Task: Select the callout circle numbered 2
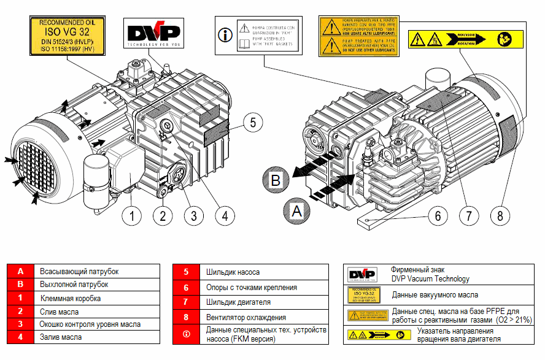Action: pyautogui.click(x=163, y=215)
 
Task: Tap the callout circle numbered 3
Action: pyautogui.click(x=193, y=215)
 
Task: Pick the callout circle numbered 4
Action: pyautogui.click(x=225, y=215)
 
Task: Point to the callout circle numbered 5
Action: pyautogui.click(x=252, y=122)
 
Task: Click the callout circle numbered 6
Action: pyautogui.click(x=438, y=216)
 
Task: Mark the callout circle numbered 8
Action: pyautogui.click(x=500, y=216)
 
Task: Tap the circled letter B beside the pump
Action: pyautogui.click(x=276, y=180)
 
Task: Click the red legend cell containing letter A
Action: pyautogui.click(x=20, y=272)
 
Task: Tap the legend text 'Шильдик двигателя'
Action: pyautogui.click(x=239, y=302)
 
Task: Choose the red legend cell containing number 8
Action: pyautogui.click(x=185, y=318)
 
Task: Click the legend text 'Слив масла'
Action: pyautogui.click(x=59, y=312)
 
